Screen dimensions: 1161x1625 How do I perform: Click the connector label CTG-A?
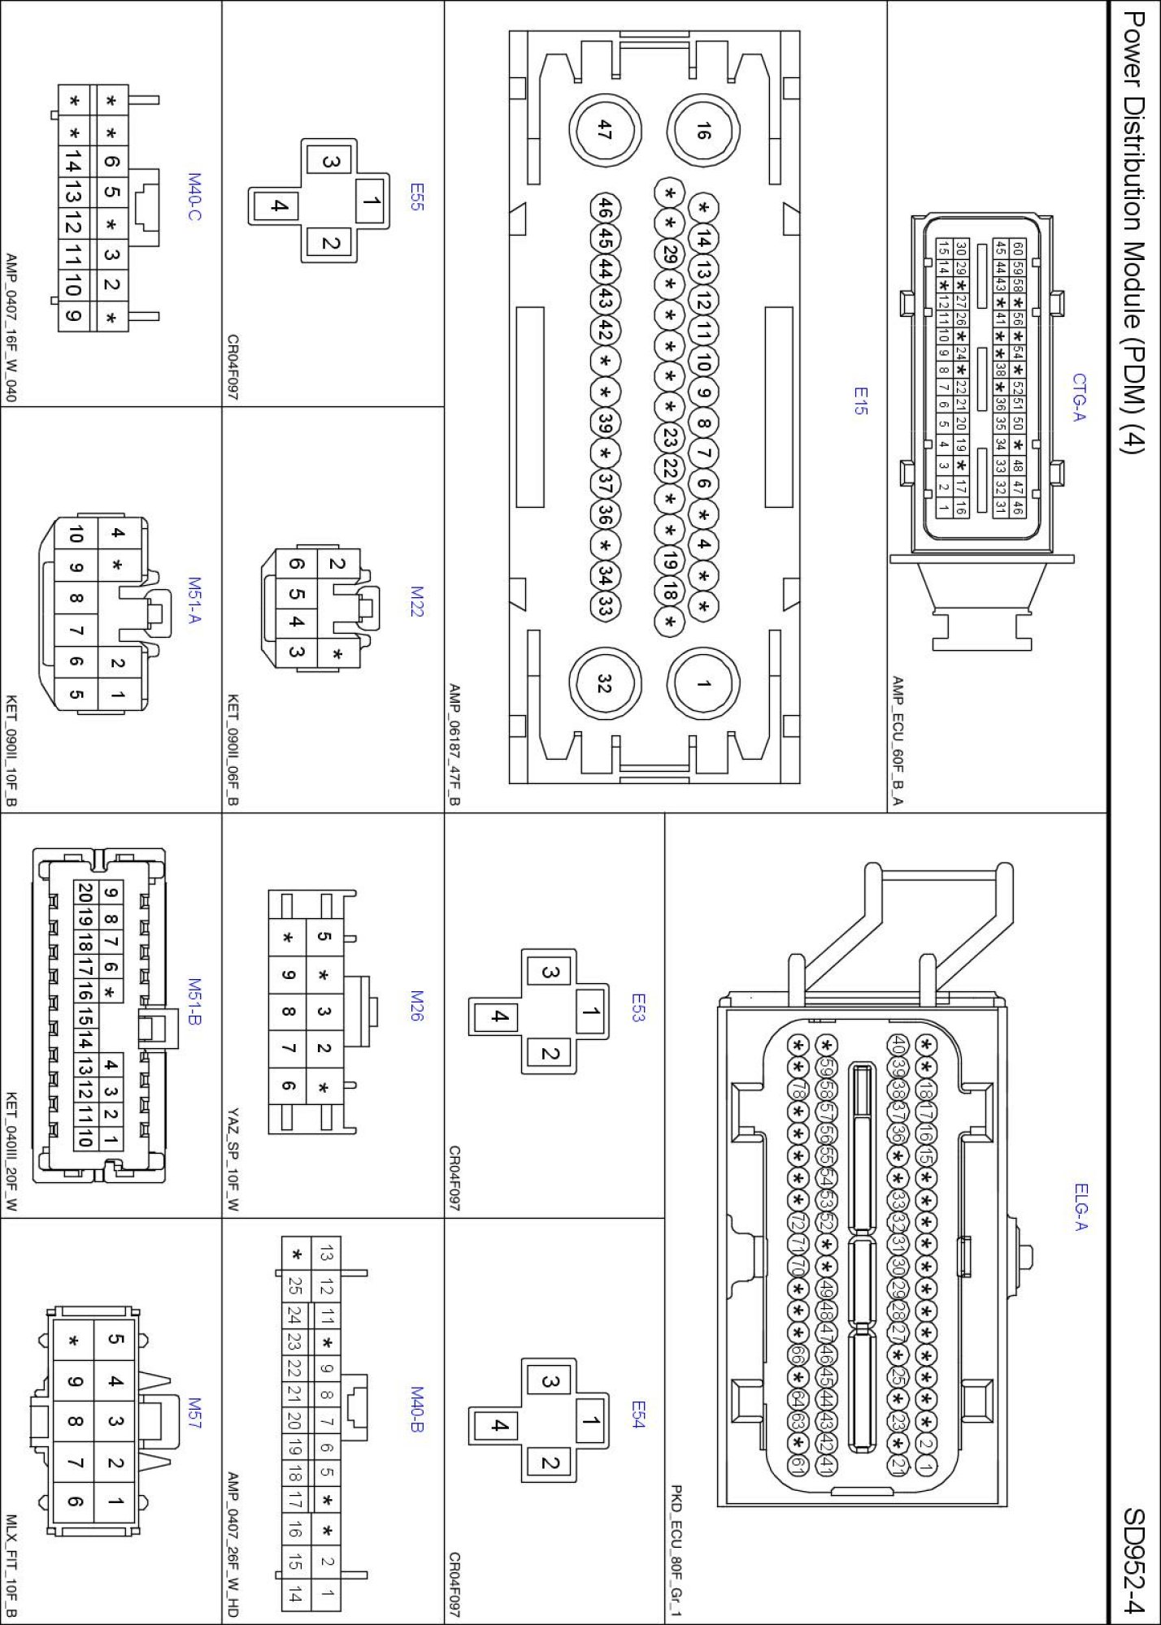(1079, 397)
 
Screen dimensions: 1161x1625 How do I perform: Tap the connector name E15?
(860, 401)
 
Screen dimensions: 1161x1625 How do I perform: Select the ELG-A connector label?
(1080, 1207)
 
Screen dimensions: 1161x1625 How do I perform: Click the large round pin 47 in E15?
(604, 130)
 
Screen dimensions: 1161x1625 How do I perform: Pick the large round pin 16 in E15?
(703, 130)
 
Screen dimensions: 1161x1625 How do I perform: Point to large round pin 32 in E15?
(604, 683)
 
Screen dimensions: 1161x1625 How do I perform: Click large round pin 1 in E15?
(703, 683)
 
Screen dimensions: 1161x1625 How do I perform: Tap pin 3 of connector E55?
(330, 162)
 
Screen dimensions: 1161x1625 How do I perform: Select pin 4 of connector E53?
(500, 1016)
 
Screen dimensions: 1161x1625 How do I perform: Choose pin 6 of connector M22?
(297, 564)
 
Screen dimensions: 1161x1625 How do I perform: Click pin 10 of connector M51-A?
(76, 534)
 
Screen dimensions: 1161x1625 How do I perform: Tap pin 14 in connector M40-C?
(72, 165)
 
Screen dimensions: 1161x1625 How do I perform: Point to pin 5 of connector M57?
(115, 1340)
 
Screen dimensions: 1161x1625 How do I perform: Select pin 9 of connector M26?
(289, 974)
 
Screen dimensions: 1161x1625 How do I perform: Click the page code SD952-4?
(1133, 1560)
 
